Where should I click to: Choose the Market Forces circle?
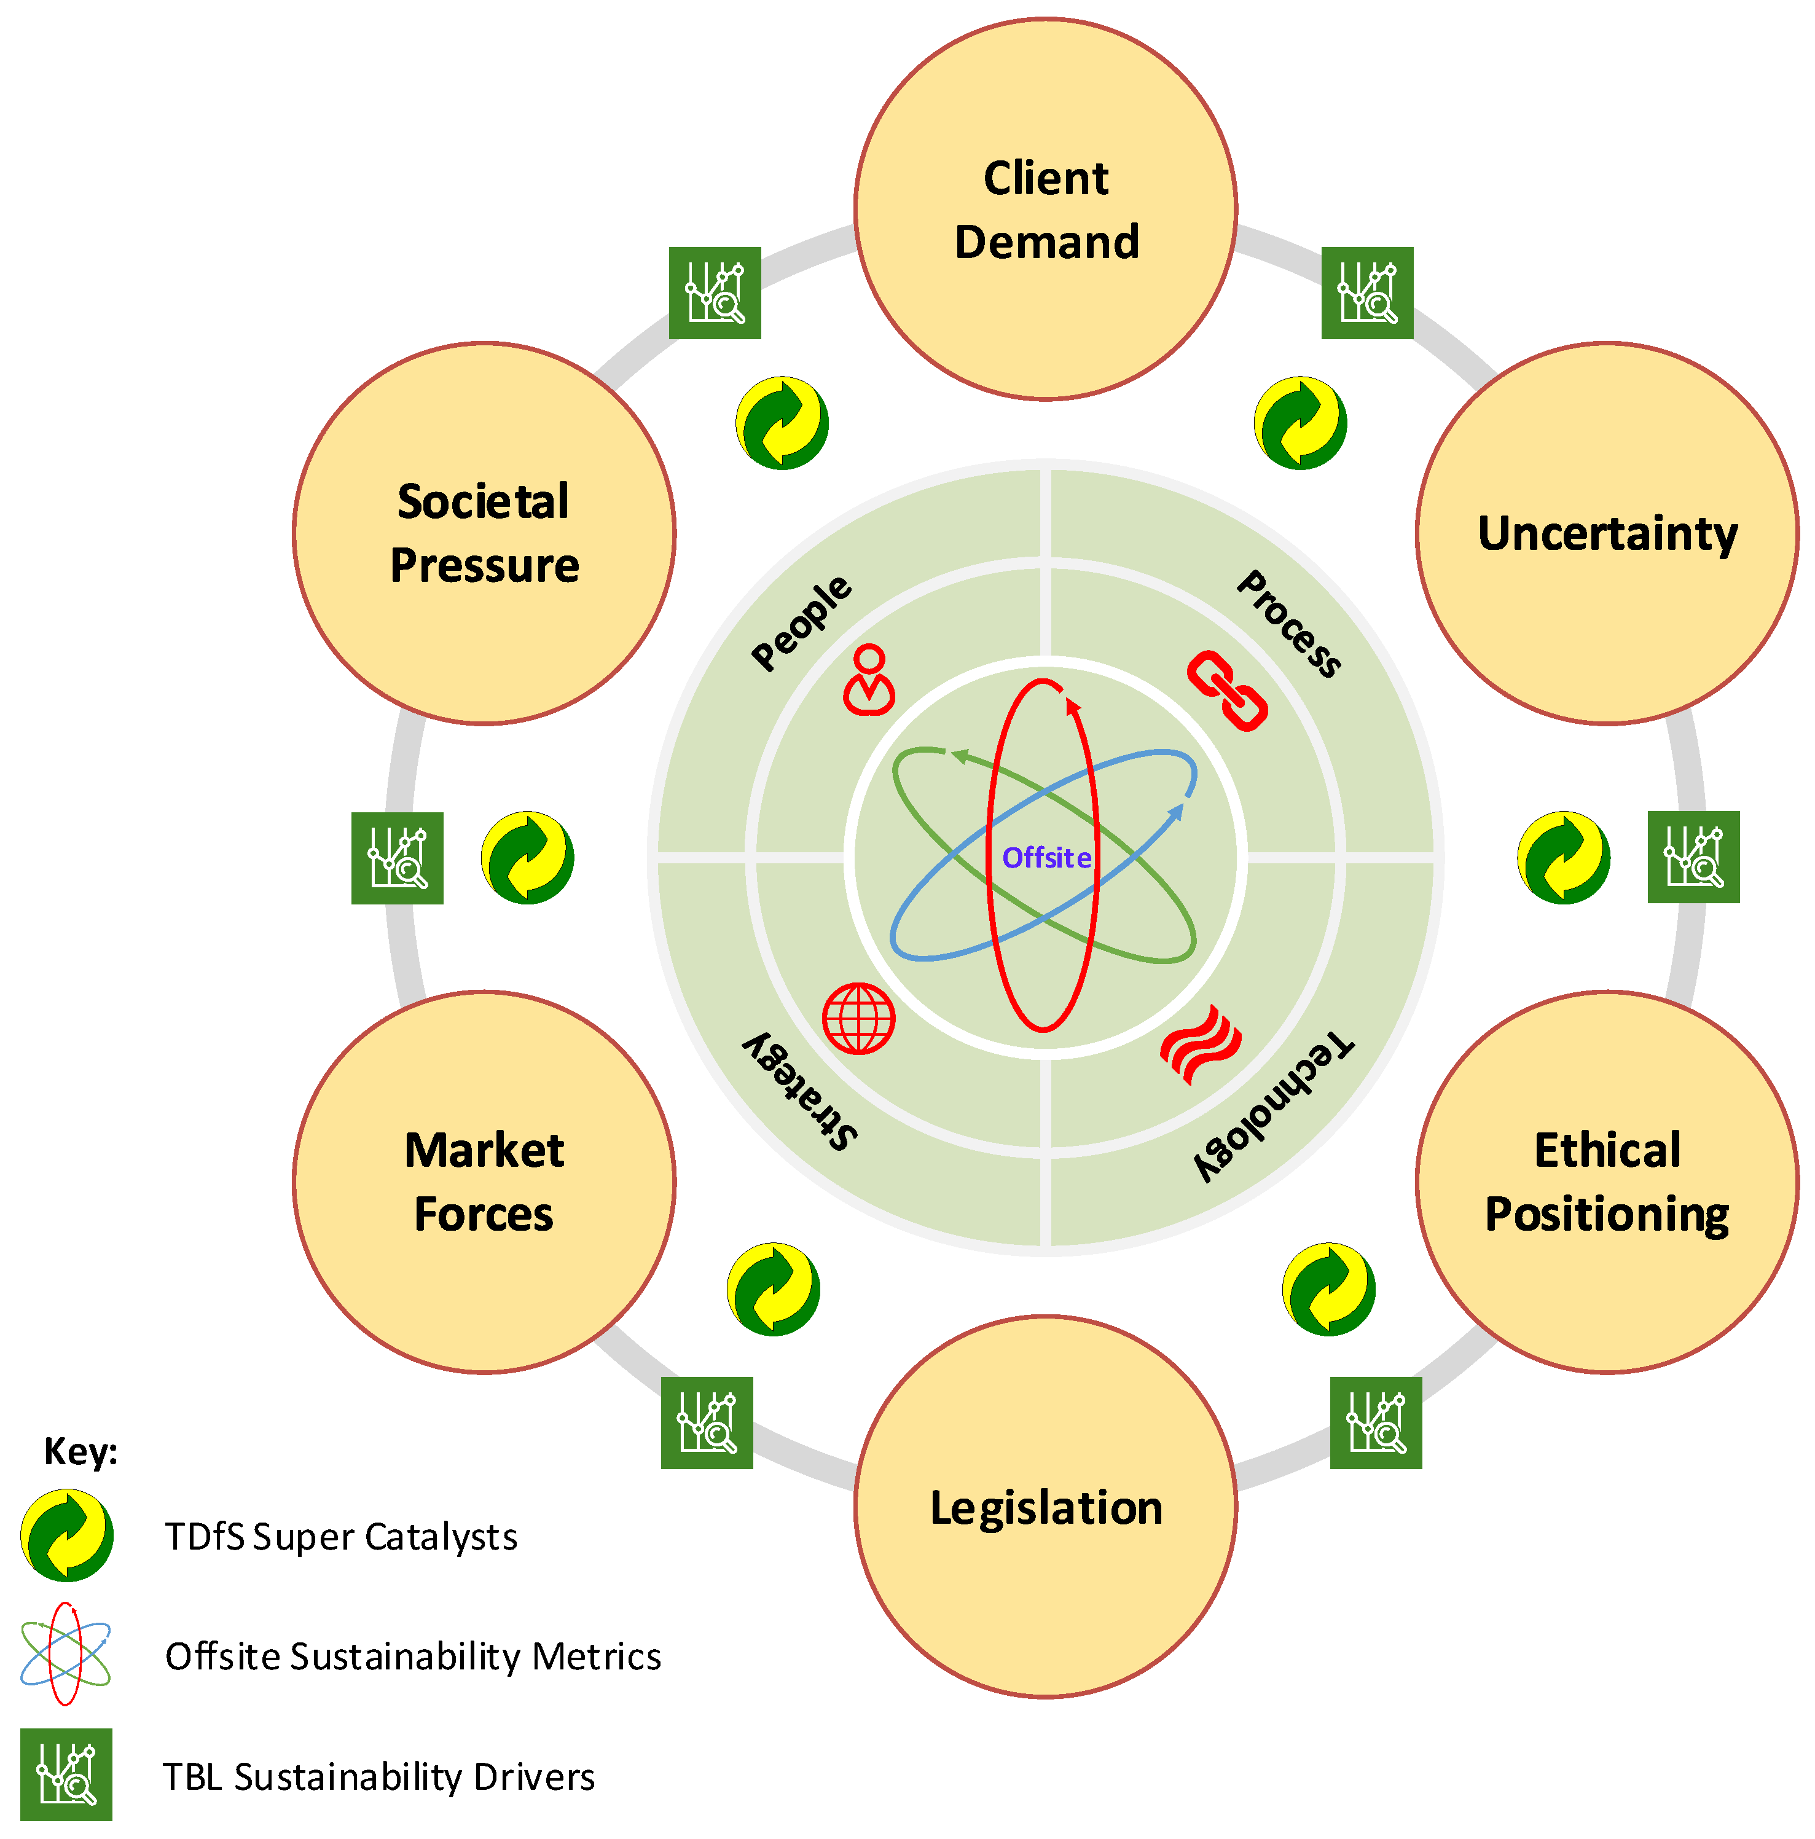pos(484,1182)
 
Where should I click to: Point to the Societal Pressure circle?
pos(484,533)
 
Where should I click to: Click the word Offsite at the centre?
pos(1045,858)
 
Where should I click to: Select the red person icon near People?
pos(868,679)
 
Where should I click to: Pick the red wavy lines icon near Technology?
pos(1199,1044)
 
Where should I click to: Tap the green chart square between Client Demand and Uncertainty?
pos(1366,292)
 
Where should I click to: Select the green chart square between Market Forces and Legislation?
pos(706,1422)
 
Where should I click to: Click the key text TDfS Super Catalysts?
pos(341,1536)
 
